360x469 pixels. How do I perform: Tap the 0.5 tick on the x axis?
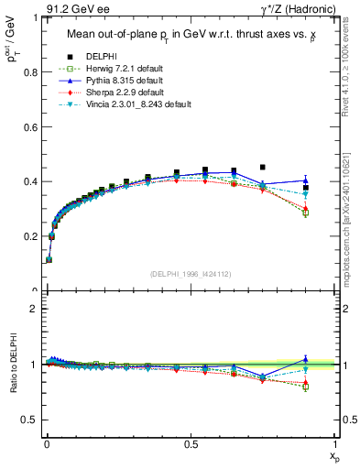[191, 444]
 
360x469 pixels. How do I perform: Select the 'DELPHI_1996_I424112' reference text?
[190, 273]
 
